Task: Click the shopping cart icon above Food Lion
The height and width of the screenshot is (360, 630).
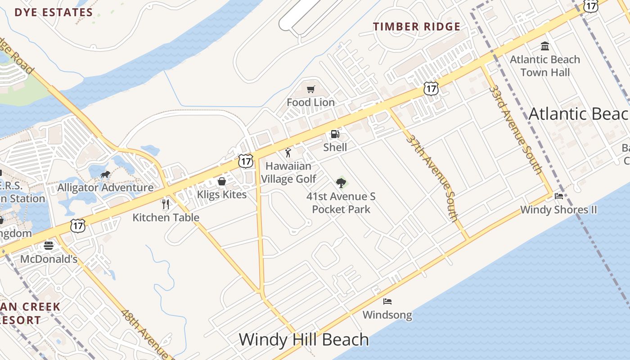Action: (310, 89)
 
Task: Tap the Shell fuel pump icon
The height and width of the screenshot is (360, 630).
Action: (335, 134)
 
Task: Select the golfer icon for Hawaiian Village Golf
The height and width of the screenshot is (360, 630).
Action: (288, 153)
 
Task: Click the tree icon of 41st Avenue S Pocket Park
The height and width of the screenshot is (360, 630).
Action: (341, 183)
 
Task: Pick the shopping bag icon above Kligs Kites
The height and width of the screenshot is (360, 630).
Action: (221, 181)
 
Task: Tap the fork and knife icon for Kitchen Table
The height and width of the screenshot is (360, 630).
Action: (166, 204)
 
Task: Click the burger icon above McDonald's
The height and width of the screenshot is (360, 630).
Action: (49, 246)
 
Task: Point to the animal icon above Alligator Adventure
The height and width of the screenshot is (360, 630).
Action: (105, 174)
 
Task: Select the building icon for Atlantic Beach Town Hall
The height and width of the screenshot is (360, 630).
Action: (545, 46)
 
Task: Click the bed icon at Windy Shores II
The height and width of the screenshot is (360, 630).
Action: (559, 196)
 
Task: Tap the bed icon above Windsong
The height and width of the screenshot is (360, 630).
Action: (387, 301)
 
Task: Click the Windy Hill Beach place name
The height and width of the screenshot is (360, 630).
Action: (304, 339)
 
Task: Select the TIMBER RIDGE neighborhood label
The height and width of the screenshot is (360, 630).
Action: (417, 27)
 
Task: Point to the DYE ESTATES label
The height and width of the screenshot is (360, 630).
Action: (54, 12)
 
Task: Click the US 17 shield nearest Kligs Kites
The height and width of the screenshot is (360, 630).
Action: (246, 161)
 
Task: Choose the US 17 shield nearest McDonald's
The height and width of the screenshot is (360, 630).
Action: (78, 226)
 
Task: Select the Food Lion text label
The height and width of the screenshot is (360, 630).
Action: (310, 103)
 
